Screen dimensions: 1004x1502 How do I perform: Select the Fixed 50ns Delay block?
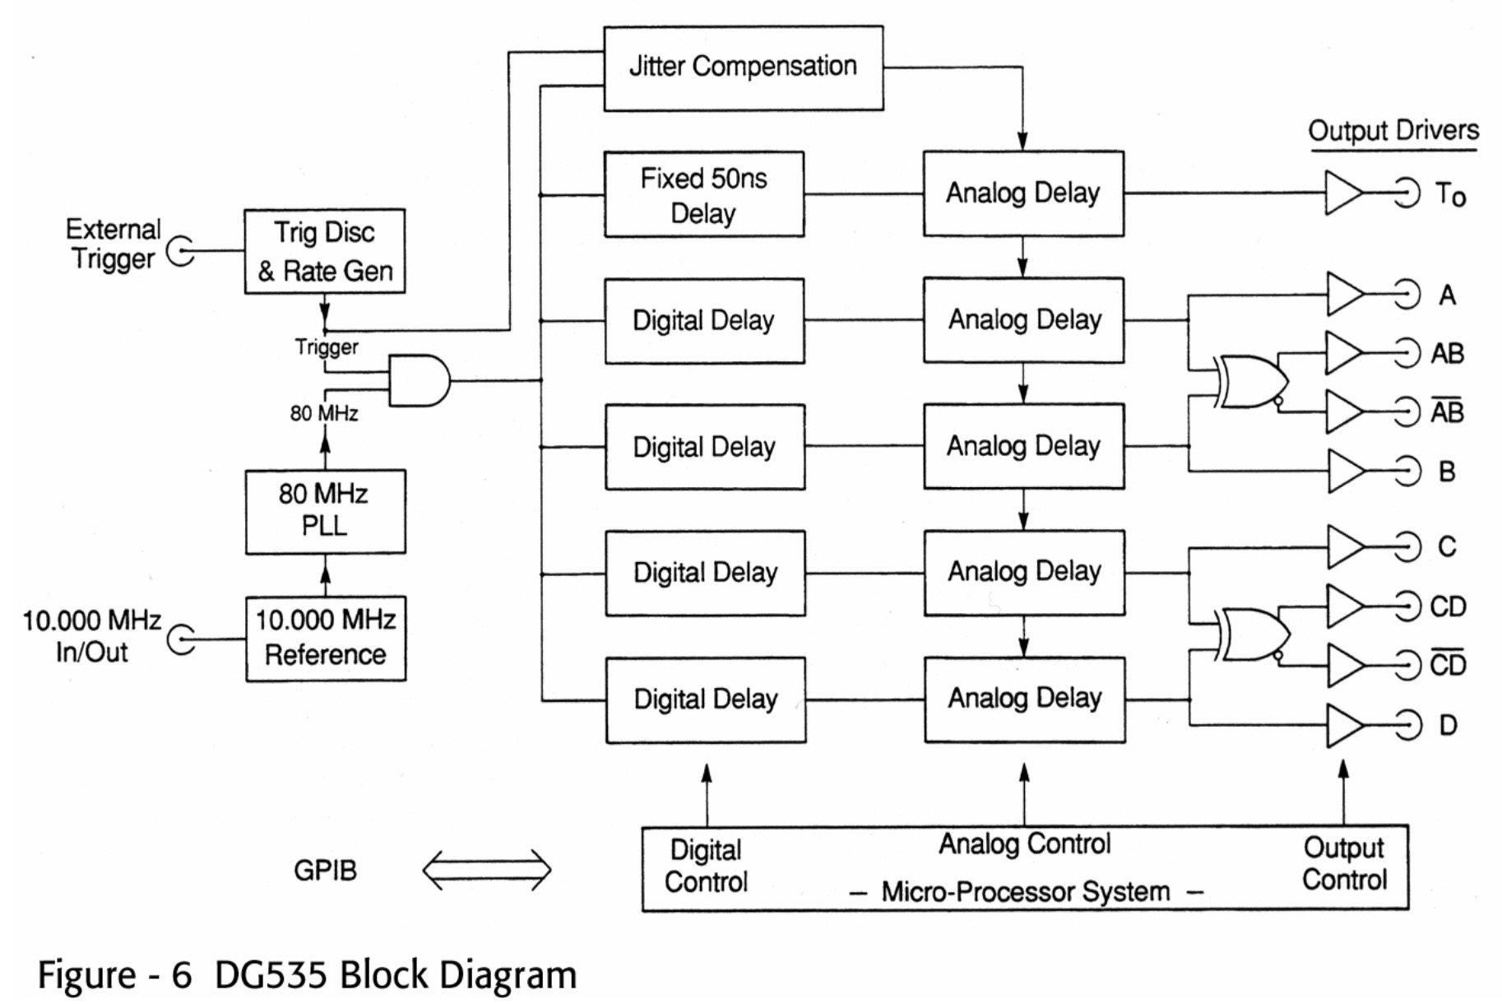704,195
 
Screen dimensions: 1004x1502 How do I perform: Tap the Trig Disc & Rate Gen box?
325,251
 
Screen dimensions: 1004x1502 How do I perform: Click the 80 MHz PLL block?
325,511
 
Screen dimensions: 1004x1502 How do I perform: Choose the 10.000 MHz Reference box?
326,638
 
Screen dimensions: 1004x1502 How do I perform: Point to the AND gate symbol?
418,380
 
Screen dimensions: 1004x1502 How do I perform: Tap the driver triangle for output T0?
1342,193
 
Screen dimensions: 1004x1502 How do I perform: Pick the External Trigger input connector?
181,251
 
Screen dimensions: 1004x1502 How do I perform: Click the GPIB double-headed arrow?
487,870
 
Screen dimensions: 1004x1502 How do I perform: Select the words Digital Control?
706,866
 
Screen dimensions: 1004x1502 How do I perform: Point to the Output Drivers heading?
1393,131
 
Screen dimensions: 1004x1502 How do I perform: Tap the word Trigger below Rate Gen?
327,347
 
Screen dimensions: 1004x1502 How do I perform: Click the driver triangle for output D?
1343,725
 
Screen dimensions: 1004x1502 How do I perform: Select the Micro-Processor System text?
1025,891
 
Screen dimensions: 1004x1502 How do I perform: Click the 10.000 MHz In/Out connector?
181,639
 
